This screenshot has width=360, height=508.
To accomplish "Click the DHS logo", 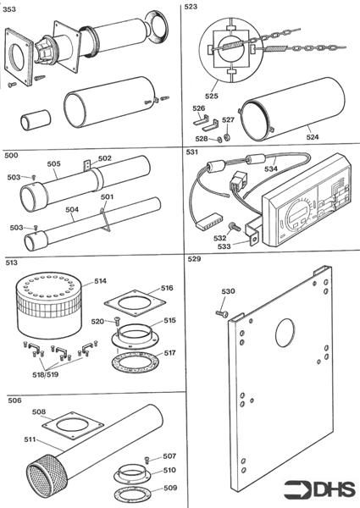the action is (x=320, y=490).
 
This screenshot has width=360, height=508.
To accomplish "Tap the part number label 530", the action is (x=228, y=291).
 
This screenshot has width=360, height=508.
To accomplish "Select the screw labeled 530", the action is (x=222, y=313).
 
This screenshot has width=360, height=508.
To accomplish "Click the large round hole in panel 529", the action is (x=285, y=333).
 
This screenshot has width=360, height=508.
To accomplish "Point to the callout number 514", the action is (x=100, y=281).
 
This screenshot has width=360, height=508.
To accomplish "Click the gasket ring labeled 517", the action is (x=135, y=362).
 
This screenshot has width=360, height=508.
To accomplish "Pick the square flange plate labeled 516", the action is (x=135, y=303).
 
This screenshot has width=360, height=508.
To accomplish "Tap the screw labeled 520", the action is (x=117, y=321).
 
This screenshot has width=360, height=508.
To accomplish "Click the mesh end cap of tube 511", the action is (x=42, y=469).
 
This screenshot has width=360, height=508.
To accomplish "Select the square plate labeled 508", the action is (x=73, y=426).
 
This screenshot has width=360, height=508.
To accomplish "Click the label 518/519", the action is (x=46, y=374).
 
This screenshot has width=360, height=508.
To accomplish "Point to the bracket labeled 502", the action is (x=87, y=165).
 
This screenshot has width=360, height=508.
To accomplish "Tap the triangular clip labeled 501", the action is (x=105, y=220).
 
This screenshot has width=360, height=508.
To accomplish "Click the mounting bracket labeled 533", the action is (x=252, y=231).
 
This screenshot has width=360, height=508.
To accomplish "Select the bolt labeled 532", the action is (x=234, y=228).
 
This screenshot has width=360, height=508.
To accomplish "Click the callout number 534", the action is (x=270, y=168).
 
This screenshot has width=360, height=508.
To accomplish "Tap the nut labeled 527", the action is (x=227, y=136).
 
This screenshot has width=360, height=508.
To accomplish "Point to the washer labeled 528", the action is (x=219, y=140).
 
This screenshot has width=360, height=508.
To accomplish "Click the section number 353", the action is (x=9, y=9).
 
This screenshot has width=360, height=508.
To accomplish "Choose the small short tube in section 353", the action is (x=36, y=120).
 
